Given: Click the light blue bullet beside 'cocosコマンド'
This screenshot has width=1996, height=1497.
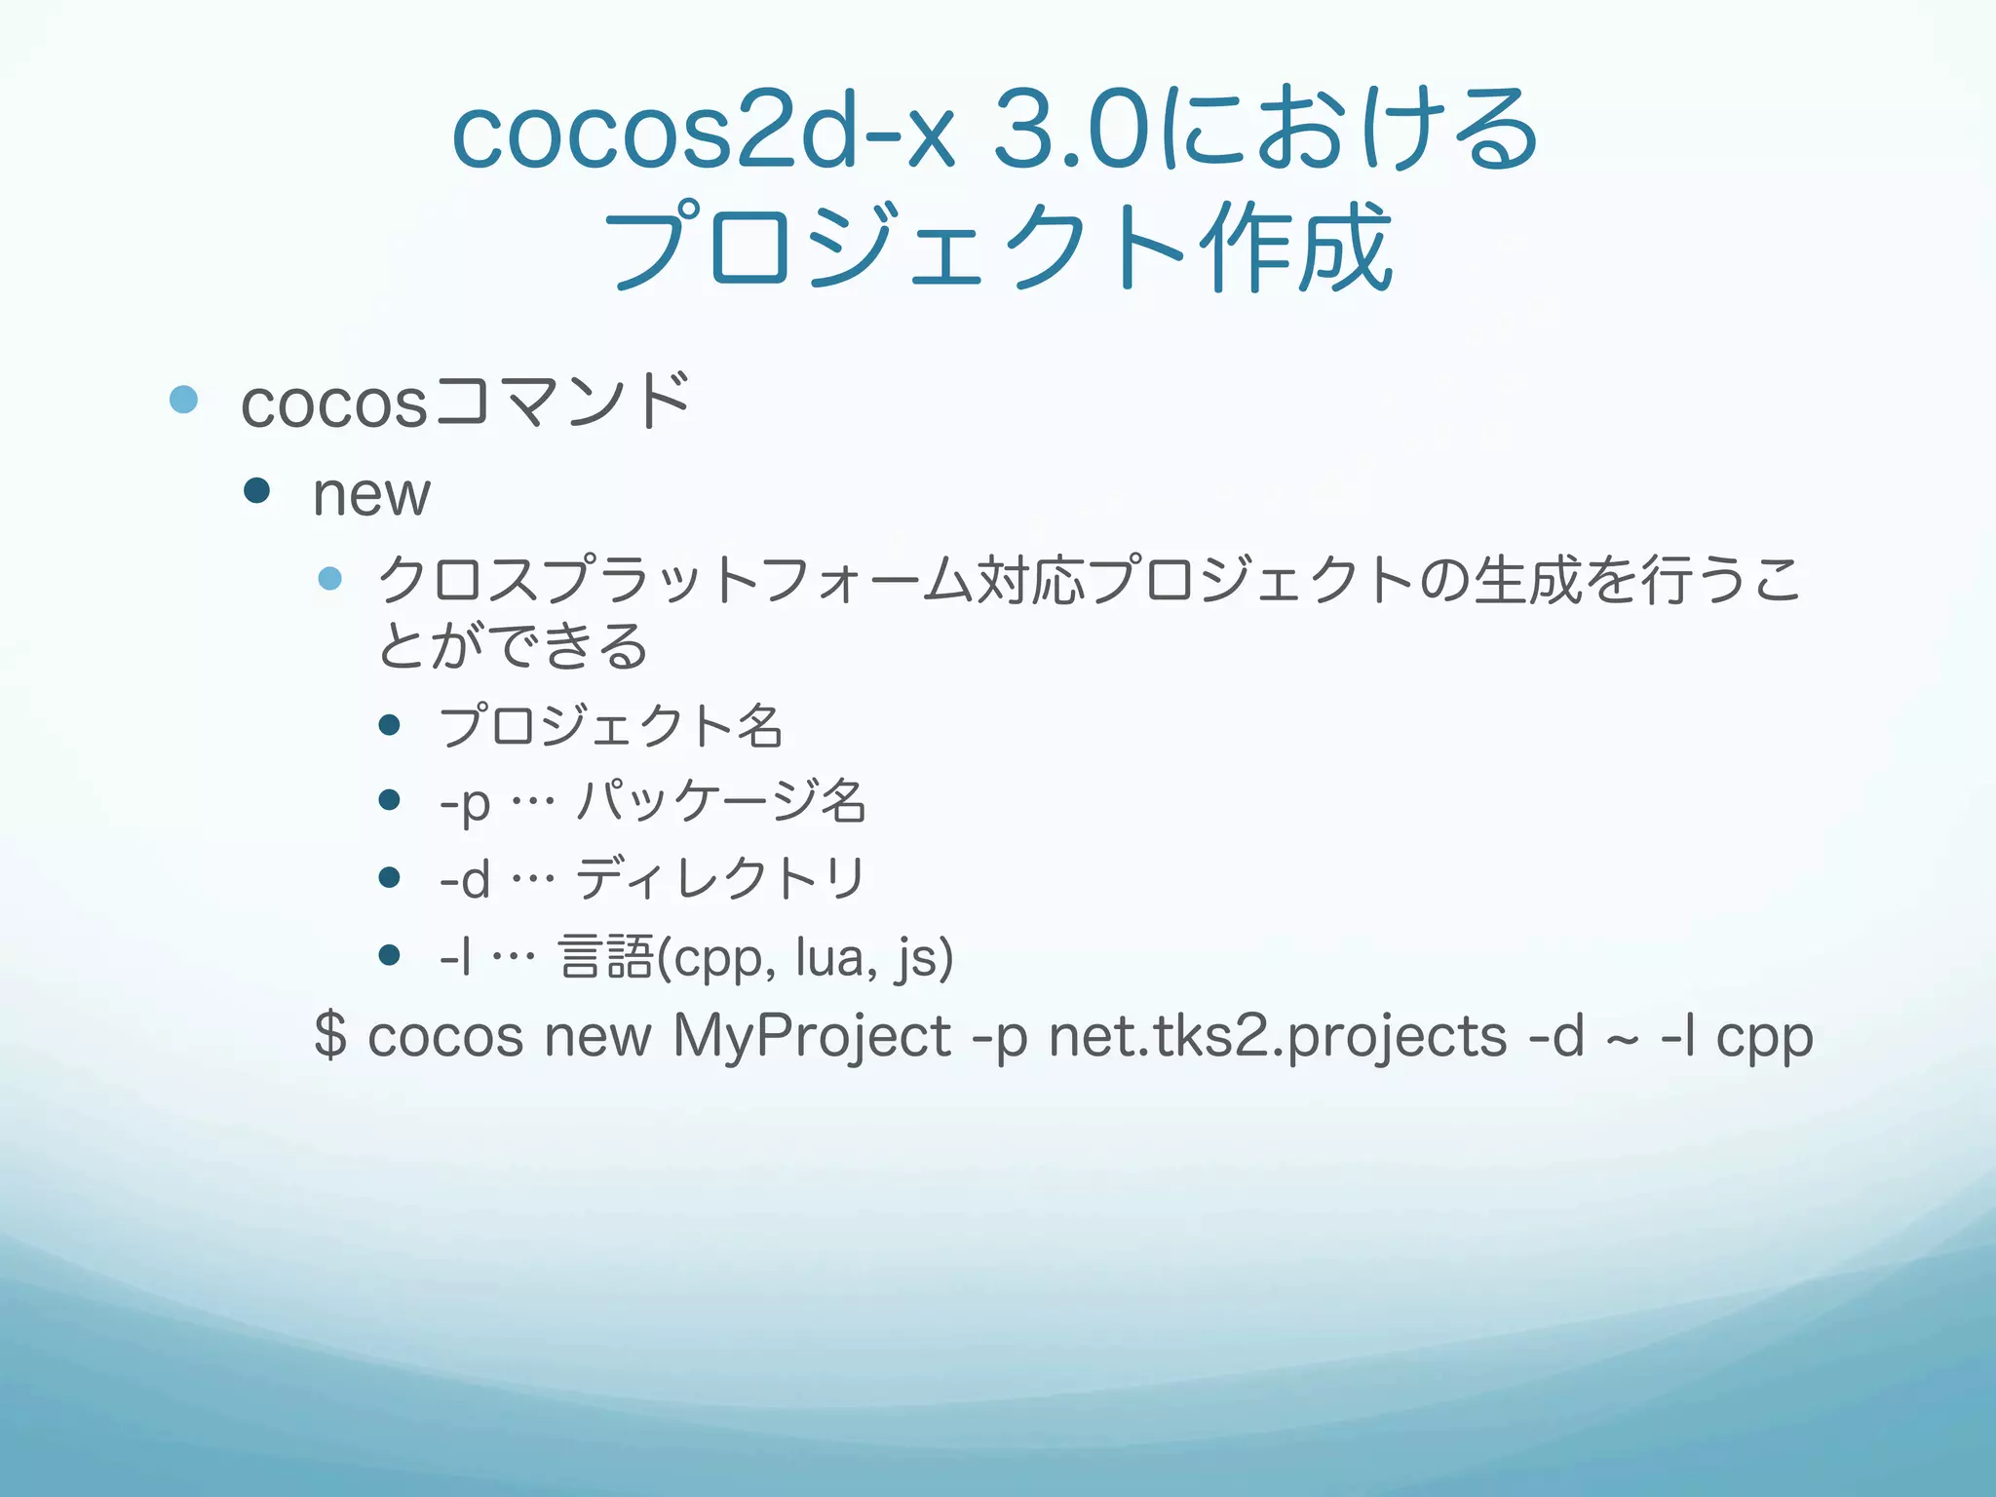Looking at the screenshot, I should [x=183, y=399].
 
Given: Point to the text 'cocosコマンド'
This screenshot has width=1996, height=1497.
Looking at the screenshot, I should [x=466, y=402].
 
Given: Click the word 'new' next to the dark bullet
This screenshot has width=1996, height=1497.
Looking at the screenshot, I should [x=371, y=495].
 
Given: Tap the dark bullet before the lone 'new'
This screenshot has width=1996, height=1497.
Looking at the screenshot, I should [x=257, y=490].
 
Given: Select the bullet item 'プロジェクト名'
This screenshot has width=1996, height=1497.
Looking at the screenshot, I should [x=610, y=726].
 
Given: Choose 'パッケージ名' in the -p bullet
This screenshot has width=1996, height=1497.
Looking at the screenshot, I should [x=720, y=802].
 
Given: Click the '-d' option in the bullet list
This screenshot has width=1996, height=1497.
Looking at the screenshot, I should [x=464, y=880].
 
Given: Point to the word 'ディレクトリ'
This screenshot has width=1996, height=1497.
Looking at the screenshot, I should [x=720, y=879].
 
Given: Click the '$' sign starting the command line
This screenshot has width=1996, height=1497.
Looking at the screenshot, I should [x=330, y=1035].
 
